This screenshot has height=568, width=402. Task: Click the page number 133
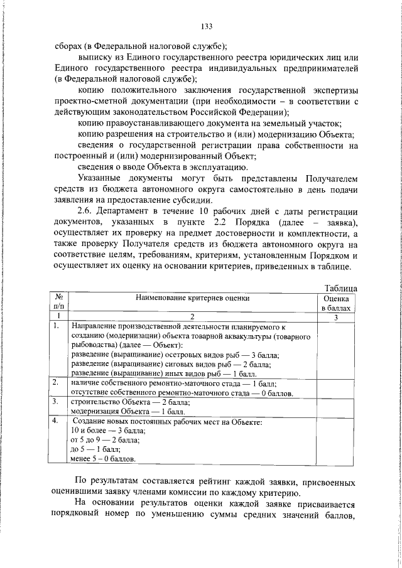[x=206, y=26]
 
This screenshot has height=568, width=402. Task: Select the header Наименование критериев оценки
[x=191, y=299]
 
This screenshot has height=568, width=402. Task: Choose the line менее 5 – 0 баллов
[x=103, y=459]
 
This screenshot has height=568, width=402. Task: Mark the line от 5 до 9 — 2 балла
[x=106, y=440]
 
